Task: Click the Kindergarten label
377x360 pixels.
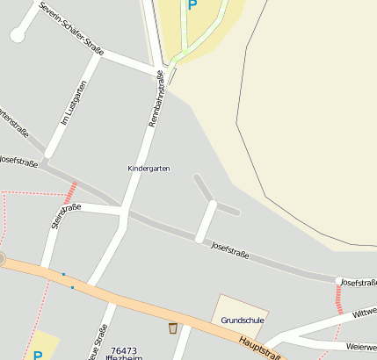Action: pyautogui.click(x=149, y=167)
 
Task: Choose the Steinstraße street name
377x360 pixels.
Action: pyautogui.click(x=66, y=214)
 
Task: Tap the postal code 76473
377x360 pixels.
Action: pyautogui.click(x=124, y=349)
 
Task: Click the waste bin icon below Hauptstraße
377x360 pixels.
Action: pyautogui.click(x=173, y=328)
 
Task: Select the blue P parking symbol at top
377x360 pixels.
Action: pyautogui.click(x=192, y=4)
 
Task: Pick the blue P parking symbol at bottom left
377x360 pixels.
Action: pyautogui.click(x=38, y=355)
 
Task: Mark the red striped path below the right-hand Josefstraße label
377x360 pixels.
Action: pyautogui.click(x=339, y=300)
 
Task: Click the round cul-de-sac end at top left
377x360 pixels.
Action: pyautogui.click(x=18, y=35)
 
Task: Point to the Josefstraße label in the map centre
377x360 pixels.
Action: pyautogui.click(x=231, y=251)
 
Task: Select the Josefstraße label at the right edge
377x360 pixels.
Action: pyautogui.click(x=359, y=282)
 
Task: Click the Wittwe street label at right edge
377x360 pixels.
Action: pyautogui.click(x=364, y=313)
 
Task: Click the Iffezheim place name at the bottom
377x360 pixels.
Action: pyautogui.click(x=124, y=357)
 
